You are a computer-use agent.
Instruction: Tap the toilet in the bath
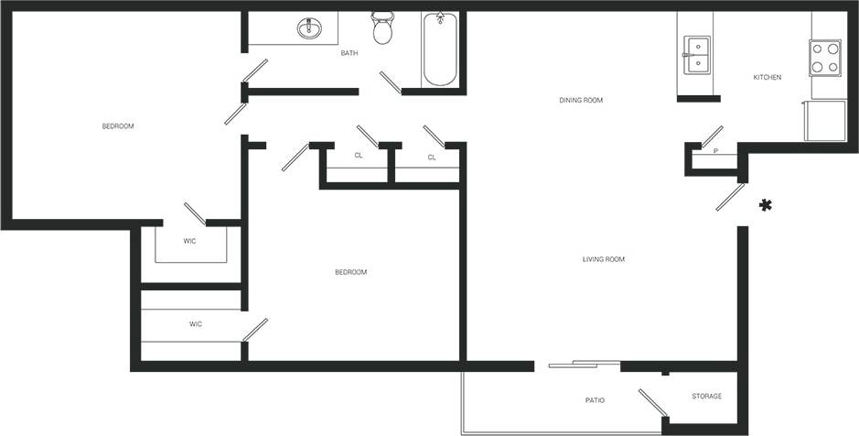382,30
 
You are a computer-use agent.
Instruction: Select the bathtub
440,50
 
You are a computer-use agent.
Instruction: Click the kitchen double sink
697,56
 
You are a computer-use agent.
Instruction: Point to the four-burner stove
825,57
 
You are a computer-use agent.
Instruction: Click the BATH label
349,53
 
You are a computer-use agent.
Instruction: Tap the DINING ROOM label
581,100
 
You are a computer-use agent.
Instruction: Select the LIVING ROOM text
603,259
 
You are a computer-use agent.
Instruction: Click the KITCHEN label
767,77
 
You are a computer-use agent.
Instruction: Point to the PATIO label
595,400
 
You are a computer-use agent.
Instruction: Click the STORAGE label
706,397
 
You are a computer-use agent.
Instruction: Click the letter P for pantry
715,151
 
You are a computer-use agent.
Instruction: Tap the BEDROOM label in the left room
118,126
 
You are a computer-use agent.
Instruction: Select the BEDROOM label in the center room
350,272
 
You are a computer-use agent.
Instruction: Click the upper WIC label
189,241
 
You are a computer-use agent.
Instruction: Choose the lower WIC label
195,324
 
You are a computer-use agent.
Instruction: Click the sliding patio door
585,365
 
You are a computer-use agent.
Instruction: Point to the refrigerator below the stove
823,120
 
